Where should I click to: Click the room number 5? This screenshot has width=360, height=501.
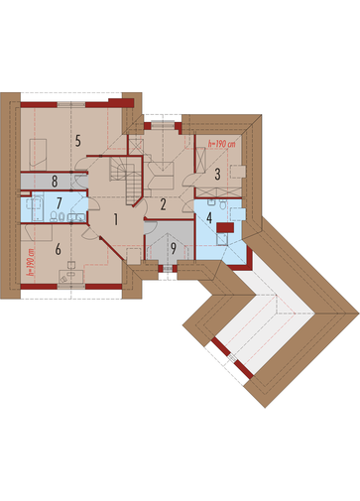point(77,141)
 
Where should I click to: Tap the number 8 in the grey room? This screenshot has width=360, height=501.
point(55,182)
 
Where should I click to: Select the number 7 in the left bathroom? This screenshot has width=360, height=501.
point(60,203)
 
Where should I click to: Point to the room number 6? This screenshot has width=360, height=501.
point(59,249)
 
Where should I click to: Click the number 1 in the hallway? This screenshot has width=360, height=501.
point(116,219)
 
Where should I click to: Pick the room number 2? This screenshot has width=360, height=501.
point(163,204)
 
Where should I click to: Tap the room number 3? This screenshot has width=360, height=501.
point(217,175)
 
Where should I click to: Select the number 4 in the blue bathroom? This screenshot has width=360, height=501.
point(209,217)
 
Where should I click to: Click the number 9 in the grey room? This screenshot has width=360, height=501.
point(174,249)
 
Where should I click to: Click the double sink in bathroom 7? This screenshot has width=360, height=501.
point(76,217)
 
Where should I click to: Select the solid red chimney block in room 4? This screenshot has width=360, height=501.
point(225,228)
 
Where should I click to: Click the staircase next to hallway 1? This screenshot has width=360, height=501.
point(127,179)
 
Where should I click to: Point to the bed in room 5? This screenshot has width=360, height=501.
point(38,155)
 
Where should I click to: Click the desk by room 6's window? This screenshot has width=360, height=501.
point(70,276)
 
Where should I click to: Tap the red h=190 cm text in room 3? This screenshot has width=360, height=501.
point(222,144)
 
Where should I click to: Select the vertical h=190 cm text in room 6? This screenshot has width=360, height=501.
point(31,263)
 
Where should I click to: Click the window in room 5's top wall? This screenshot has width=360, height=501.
point(71,104)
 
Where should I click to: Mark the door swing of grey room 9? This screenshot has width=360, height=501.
point(151,228)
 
